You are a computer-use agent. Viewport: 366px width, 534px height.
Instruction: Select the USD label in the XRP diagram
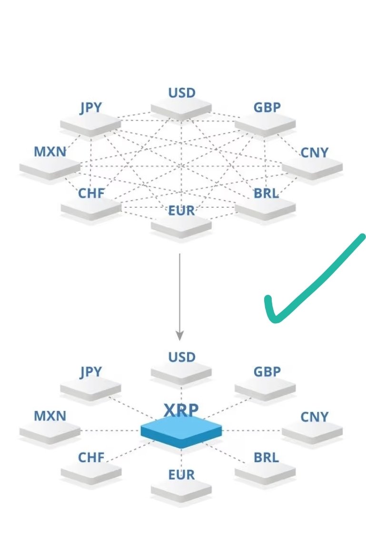(x=182, y=357)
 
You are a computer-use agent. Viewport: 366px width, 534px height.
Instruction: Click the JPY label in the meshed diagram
(x=90, y=107)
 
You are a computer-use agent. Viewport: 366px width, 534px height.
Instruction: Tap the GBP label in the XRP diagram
(x=267, y=371)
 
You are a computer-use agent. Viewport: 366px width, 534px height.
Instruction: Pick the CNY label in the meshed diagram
(x=315, y=153)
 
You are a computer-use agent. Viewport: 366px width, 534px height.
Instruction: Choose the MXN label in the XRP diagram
(x=50, y=416)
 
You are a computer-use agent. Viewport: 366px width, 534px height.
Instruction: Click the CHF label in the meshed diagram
(x=91, y=194)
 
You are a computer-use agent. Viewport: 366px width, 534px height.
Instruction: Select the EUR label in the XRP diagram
(x=182, y=475)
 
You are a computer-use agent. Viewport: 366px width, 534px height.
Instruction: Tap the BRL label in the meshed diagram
(x=266, y=194)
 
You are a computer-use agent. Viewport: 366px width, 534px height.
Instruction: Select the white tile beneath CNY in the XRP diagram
(x=312, y=432)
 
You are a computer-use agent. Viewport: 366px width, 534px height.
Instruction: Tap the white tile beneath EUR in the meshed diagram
(x=181, y=226)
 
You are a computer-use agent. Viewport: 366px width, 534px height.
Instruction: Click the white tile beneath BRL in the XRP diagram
(x=265, y=472)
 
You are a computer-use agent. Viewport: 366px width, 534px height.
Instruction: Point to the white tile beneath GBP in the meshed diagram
(x=265, y=125)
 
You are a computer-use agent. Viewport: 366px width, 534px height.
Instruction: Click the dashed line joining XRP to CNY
(x=252, y=431)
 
